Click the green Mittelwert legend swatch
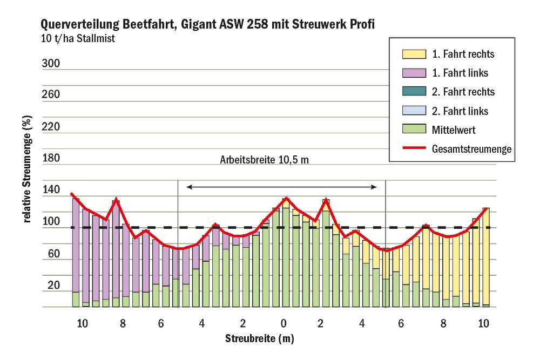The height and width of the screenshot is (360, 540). (x=414, y=130)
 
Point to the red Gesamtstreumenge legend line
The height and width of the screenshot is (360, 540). (x=414, y=148)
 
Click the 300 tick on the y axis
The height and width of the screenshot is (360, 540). (x=51, y=64)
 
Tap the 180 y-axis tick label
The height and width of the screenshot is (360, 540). (x=51, y=159)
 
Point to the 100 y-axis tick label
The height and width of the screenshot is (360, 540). (x=51, y=222)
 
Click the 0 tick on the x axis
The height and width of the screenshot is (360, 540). (x=283, y=324)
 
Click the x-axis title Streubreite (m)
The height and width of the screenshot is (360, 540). (x=260, y=338)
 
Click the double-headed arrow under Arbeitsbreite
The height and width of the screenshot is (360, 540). (x=281, y=187)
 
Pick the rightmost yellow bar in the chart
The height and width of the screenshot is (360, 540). (x=486, y=256)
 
